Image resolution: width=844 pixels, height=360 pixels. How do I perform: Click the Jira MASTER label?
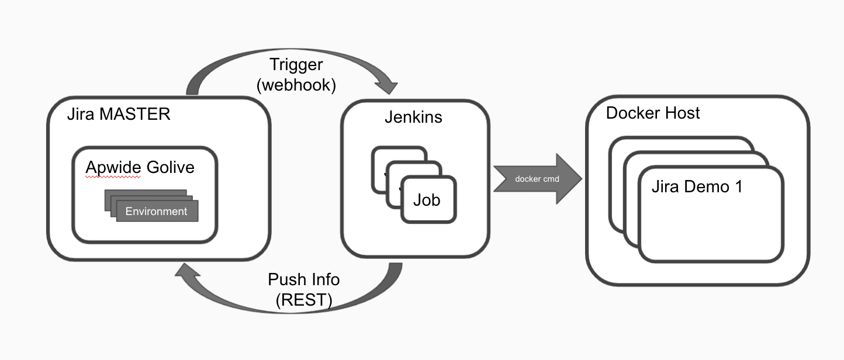(x=119, y=113)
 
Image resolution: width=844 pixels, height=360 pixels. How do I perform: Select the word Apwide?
(x=113, y=168)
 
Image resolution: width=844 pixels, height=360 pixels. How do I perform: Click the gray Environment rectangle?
(x=157, y=212)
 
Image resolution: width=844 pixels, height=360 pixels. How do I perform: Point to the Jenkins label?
(x=413, y=117)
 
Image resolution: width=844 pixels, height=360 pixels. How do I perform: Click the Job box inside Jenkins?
(x=427, y=200)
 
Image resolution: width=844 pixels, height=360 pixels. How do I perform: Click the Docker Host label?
(x=653, y=113)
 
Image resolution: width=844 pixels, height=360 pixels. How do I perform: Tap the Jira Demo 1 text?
(x=697, y=188)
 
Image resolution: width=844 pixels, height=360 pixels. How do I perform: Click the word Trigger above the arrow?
(x=296, y=65)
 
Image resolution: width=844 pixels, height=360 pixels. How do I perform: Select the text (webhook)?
(x=296, y=85)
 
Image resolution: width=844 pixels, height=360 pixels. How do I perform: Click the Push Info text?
(x=303, y=279)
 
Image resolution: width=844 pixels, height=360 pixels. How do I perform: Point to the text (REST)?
(x=303, y=300)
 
